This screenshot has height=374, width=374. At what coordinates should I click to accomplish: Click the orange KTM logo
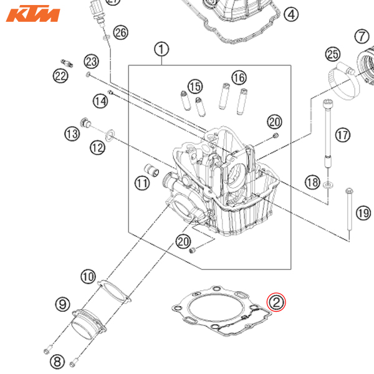[x=34, y=14]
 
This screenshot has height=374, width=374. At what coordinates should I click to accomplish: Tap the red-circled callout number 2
[x=276, y=304]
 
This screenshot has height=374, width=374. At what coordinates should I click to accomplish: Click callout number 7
[x=362, y=37]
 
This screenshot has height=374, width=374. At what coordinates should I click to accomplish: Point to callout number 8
[x=57, y=360]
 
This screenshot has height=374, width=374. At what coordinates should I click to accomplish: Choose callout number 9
[x=62, y=304]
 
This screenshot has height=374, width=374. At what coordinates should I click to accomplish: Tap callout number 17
[x=342, y=135]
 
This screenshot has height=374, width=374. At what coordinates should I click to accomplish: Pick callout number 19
[x=363, y=213]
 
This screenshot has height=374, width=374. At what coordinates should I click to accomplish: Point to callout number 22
[x=60, y=76]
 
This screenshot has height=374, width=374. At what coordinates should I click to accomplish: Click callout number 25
[x=332, y=55]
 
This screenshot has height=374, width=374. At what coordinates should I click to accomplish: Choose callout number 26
[x=120, y=32]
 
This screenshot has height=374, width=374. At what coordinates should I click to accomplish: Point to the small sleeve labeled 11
[x=149, y=170]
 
